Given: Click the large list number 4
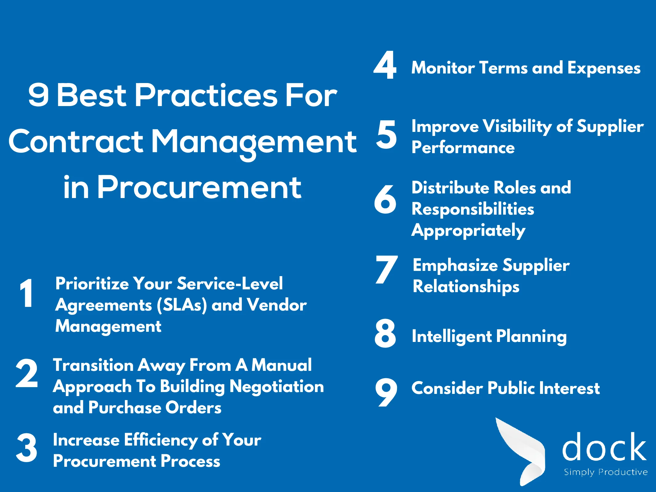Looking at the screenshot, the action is coord(385,65).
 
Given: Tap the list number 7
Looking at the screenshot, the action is coord(387,269).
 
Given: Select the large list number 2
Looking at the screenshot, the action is coord(27,373).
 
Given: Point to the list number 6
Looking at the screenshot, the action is coord(385,199).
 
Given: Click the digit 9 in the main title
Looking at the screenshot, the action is coord(38,95).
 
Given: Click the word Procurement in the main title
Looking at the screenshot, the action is coord(199,187).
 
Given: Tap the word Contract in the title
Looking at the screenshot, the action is coord(76,141).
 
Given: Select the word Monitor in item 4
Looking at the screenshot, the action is coord(443,68).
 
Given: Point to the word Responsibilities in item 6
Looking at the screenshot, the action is coord(473,209).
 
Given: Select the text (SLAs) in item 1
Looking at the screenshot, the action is coord(182,305).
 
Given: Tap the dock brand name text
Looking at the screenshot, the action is coord(604,446).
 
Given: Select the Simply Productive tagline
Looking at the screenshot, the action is coord(606,472).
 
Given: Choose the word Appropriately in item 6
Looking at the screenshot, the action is coord(469,231).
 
